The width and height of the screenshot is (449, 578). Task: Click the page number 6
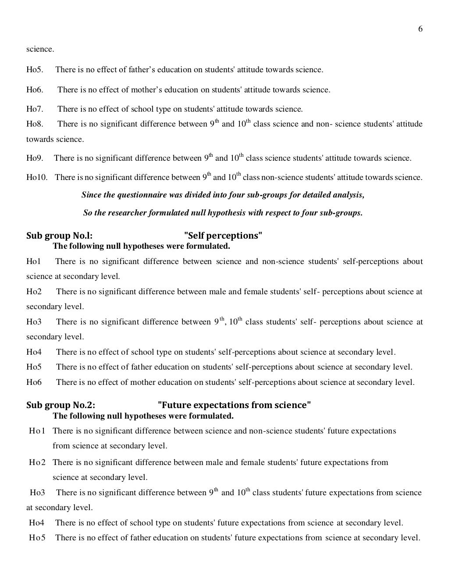pyautogui.click(x=420, y=29)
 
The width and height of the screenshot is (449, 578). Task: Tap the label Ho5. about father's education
pyautogui.click(x=35, y=70)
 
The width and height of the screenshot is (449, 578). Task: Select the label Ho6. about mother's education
pyautogui.click(x=35, y=90)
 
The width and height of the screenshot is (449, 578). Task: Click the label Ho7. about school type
pyautogui.click(x=35, y=109)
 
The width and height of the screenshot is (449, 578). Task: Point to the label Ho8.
pyautogui.click(x=35, y=124)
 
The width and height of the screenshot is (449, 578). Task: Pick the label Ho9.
pyautogui.click(x=35, y=158)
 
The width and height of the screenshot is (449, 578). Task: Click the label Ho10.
pyautogui.click(x=37, y=177)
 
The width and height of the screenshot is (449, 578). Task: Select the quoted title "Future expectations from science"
pyautogui.click(x=234, y=405)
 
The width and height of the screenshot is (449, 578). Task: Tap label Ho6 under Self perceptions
pyautogui.click(x=34, y=382)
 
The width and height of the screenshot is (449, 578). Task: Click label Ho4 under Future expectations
pyautogui.click(x=36, y=522)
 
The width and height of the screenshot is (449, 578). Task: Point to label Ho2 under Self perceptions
pyautogui.click(x=34, y=292)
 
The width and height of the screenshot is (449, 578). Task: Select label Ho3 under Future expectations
pyautogui.click(x=37, y=493)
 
